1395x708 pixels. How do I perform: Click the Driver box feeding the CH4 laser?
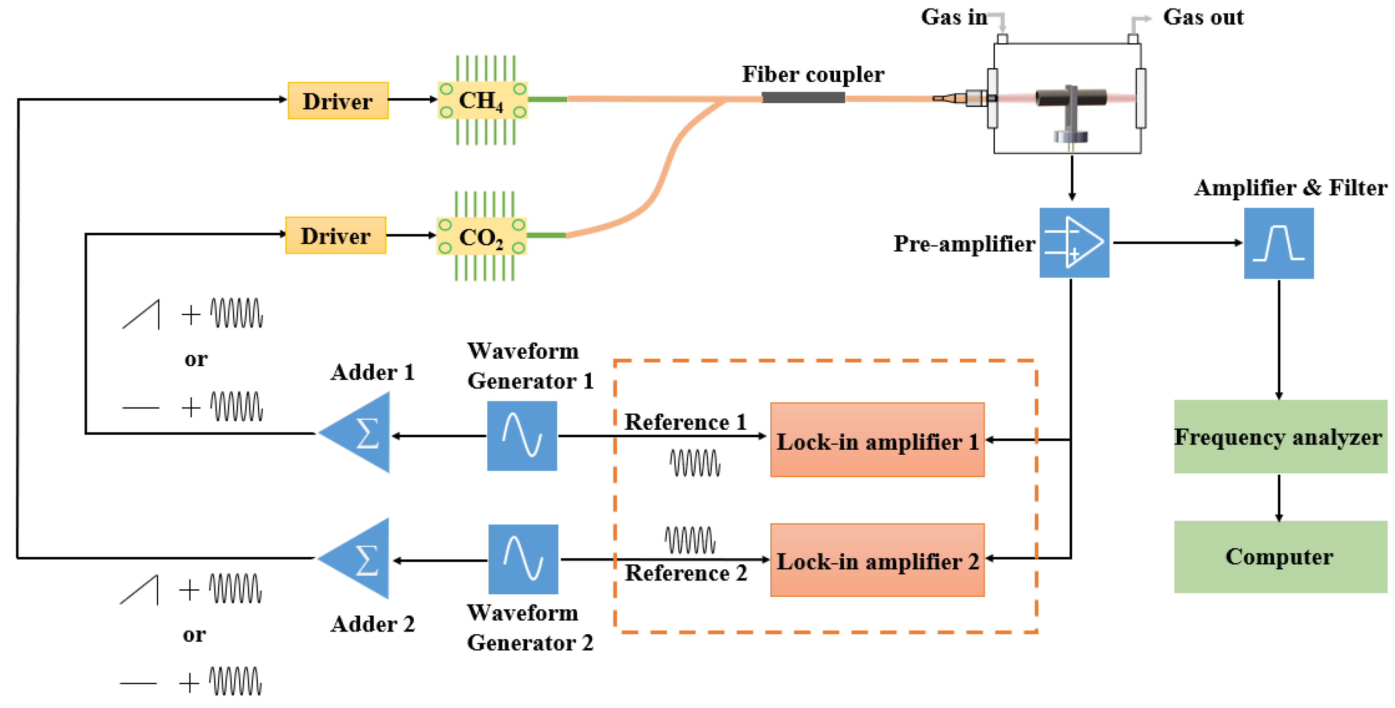pyautogui.click(x=338, y=101)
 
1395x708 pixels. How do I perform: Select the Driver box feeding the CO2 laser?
pyautogui.click(x=336, y=236)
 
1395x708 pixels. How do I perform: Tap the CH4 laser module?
pyautogui.click(x=482, y=100)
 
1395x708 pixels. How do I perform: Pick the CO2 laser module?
pyautogui.click(x=481, y=236)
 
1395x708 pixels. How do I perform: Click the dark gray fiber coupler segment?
pyautogui.click(x=803, y=98)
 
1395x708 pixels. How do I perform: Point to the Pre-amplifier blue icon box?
pyautogui.click(x=1074, y=243)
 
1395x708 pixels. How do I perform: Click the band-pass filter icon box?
pyautogui.click(x=1279, y=244)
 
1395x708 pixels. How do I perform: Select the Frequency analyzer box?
pyautogui.click(x=1280, y=437)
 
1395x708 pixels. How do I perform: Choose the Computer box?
pyautogui.click(x=1280, y=557)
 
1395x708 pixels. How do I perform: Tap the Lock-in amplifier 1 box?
pyautogui.click(x=877, y=440)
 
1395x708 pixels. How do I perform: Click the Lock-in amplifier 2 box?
pyautogui.click(x=877, y=560)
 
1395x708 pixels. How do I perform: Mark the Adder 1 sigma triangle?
pyautogui.click(x=360, y=433)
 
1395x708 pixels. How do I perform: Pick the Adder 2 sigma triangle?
pyautogui.click(x=360, y=559)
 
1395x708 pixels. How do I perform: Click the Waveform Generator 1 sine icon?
pyautogui.click(x=522, y=436)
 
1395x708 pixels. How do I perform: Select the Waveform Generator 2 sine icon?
pyautogui.click(x=523, y=559)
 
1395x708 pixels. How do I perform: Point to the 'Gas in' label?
pyautogui.click(x=954, y=17)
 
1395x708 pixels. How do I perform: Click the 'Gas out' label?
pyautogui.click(x=1203, y=17)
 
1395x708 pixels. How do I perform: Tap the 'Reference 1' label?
pyautogui.click(x=685, y=422)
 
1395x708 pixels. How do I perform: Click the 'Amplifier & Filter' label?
pyautogui.click(x=1291, y=188)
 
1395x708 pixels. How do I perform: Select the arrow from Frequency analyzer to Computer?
pyautogui.click(x=1279, y=497)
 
